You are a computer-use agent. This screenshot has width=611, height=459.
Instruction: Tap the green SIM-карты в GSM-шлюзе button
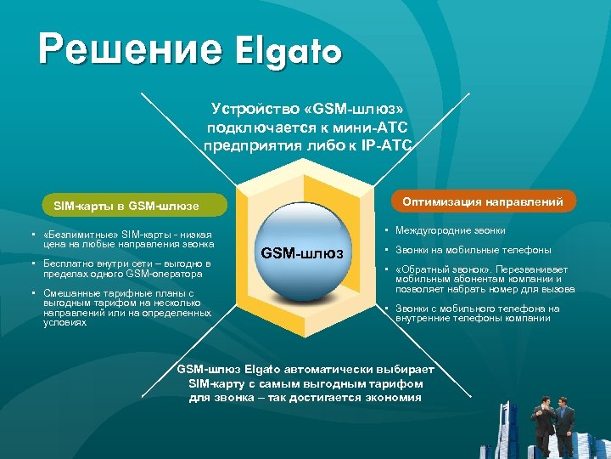tap(126, 206)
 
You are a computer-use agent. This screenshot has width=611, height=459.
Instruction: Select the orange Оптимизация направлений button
tap(483, 201)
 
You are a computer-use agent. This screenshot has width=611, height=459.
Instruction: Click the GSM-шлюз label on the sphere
tap(302, 252)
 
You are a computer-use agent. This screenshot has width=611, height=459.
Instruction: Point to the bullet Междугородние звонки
tap(450, 230)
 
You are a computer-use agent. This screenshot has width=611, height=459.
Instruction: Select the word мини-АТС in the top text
tap(378, 127)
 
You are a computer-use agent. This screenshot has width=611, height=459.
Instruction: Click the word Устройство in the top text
tap(248, 109)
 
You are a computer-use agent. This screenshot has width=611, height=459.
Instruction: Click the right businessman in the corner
tap(563, 425)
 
